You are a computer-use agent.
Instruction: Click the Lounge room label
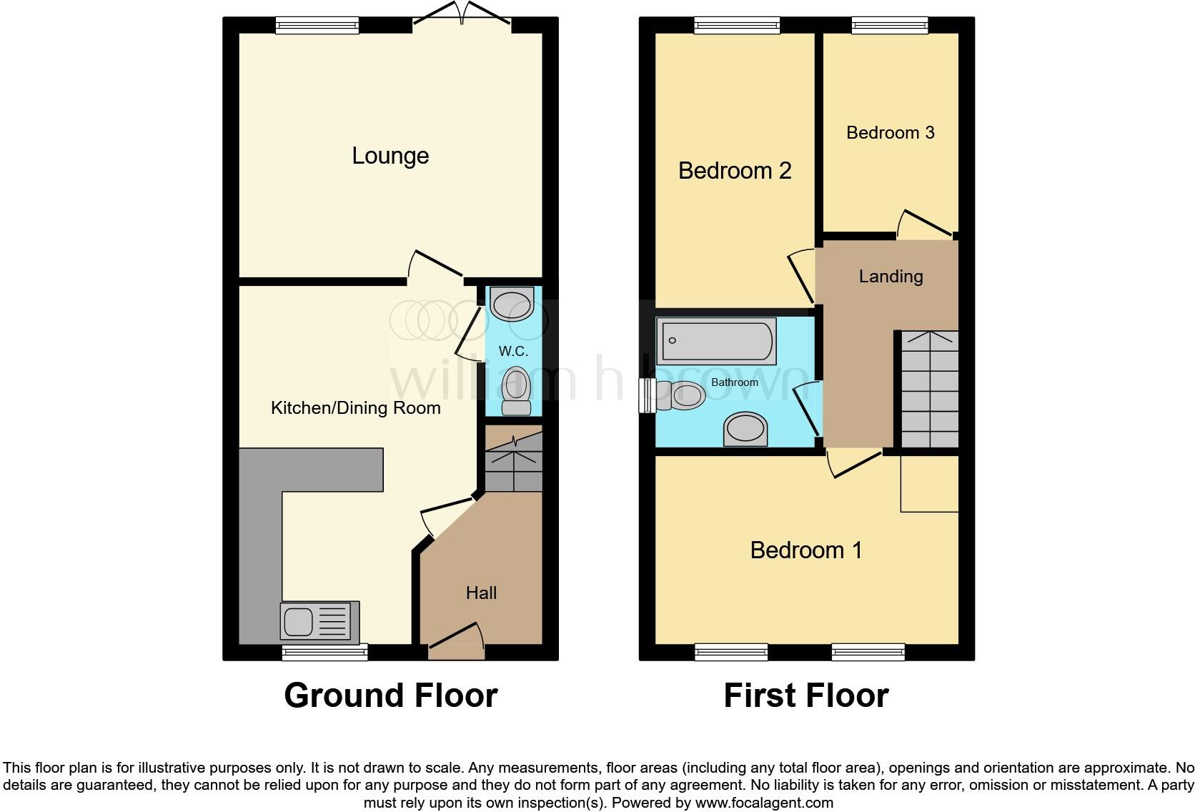point(390,156)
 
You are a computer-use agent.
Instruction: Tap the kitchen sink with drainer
point(319,620)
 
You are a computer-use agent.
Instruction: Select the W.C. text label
point(513,351)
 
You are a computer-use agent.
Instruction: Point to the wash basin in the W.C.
point(512,304)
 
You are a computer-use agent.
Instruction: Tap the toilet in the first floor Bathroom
point(680,395)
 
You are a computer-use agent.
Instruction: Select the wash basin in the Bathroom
point(745,430)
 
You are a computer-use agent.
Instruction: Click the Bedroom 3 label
point(890,133)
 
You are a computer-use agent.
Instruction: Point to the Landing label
point(891,277)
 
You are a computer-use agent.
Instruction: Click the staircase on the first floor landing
point(928,390)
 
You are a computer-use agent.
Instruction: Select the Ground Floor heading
point(390,695)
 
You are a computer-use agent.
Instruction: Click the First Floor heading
point(805,695)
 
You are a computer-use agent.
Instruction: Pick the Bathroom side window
point(647,396)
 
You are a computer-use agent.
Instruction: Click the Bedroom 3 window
point(890,26)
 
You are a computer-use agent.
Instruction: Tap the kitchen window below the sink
point(324,651)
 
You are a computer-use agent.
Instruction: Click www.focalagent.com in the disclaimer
point(763,803)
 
